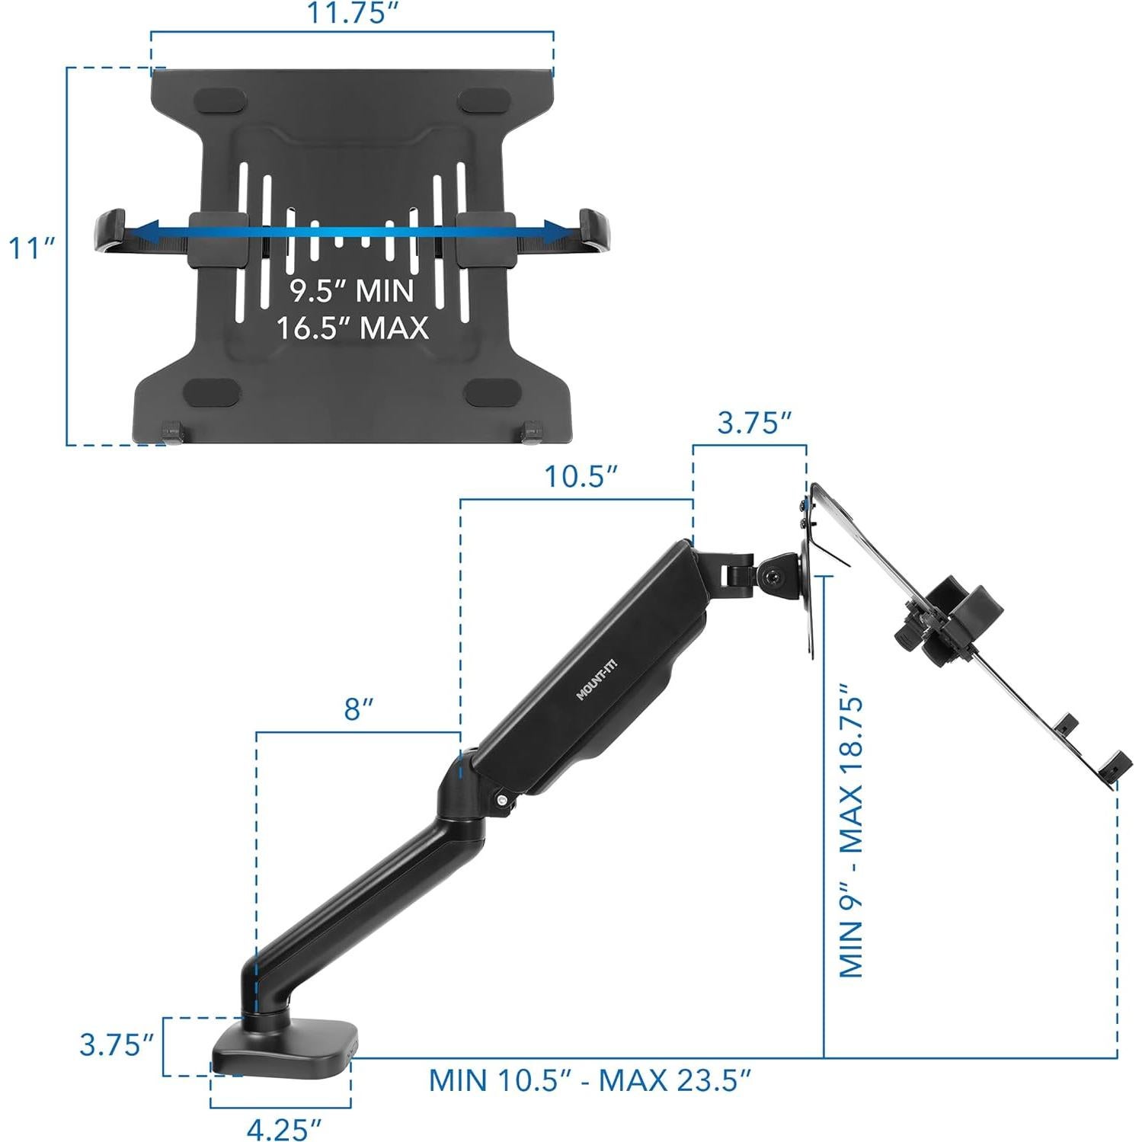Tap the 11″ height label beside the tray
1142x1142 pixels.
point(32,248)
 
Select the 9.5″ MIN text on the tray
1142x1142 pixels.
point(352,291)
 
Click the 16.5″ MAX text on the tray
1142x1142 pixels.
point(352,328)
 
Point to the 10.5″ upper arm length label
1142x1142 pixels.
point(580,477)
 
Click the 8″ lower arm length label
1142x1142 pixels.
point(359,709)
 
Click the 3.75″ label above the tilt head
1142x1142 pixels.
point(754,423)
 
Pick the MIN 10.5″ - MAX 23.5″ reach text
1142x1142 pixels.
point(590,1080)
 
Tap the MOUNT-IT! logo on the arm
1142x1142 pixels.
point(597,680)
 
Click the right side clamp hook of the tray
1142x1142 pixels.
point(595,230)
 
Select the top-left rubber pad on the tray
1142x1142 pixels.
point(222,101)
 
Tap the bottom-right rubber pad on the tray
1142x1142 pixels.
point(483,393)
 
